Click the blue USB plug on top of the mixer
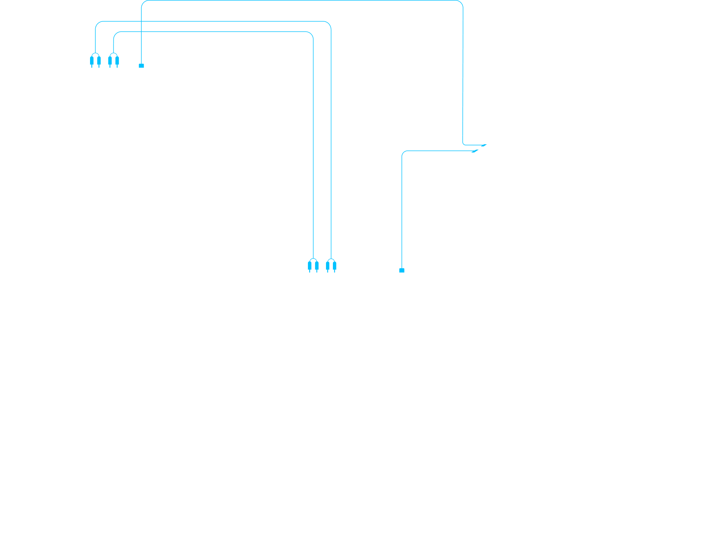click(x=402, y=270)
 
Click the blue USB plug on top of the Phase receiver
click(x=141, y=66)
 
